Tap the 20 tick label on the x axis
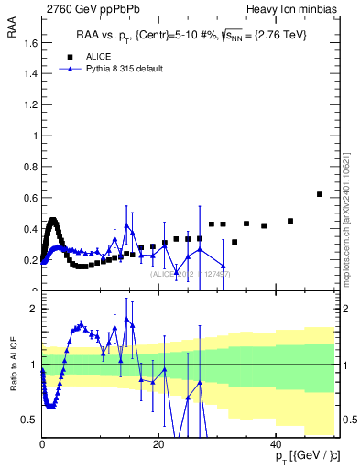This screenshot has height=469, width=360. [158, 445]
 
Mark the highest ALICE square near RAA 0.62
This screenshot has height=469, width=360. [319, 194]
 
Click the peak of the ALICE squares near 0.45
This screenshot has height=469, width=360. [53, 221]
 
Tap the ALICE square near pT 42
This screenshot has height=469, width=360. [290, 221]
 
